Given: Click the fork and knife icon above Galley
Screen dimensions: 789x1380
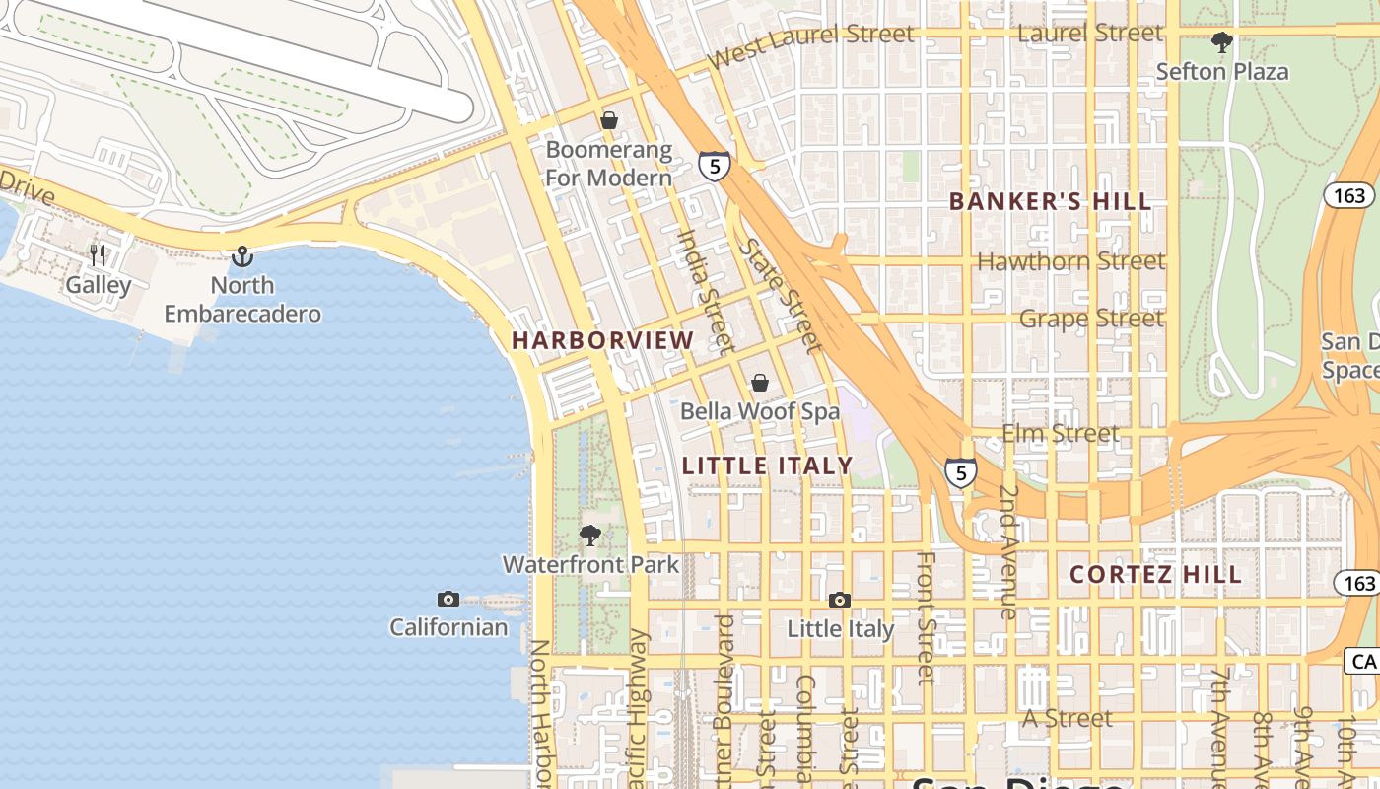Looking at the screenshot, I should tap(98, 255).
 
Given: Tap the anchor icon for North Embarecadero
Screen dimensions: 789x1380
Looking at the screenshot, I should tap(241, 257).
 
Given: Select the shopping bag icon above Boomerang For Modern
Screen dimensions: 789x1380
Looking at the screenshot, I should tap(609, 121).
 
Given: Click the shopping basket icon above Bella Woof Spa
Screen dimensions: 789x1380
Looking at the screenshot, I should tap(760, 383).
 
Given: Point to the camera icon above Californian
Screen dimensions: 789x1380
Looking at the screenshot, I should tap(448, 599).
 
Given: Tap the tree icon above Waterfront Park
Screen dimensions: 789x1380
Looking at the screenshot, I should tap(590, 536).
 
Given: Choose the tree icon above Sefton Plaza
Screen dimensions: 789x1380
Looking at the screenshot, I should tap(1222, 42).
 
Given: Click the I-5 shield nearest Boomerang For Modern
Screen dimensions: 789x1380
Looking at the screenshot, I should tap(715, 165).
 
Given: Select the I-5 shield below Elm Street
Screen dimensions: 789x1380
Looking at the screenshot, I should tap(961, 472).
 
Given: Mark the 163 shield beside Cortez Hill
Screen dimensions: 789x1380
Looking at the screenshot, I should tap(1358, 583).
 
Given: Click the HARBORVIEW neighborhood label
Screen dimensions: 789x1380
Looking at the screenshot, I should tap(602, 340).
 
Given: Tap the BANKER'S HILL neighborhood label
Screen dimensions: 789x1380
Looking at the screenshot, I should tap(1050, 202).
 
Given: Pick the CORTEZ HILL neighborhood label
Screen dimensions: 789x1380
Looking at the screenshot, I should tap(1155, 574).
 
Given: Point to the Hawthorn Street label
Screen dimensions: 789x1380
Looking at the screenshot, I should tap(1070, 261).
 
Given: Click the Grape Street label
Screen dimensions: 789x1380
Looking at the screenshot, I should tap(1091, 319).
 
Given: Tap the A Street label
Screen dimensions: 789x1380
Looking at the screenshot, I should tap(1067, 719).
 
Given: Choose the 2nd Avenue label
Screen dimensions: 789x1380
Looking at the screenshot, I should tap(1008, 551).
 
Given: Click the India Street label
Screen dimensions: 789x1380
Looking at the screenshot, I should tap(706, 291).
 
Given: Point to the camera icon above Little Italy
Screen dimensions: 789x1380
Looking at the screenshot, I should tap(840, 600).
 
